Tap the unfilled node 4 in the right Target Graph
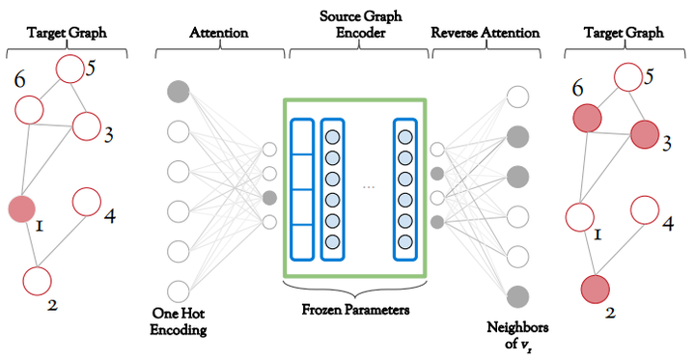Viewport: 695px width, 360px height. pyautogui.click(x=645, y=209)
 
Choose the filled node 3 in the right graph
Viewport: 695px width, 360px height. pyautogui.click(x=646, y=135)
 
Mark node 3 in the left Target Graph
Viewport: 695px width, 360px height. pyautogui.click(x=87, y=125)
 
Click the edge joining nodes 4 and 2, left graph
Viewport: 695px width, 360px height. pyautogui.click(x=62, y=241)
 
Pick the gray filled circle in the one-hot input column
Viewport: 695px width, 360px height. pyautogui.click(x=178, y=92)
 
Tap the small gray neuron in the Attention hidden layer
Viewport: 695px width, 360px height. pyautogui.click(x=269, y=198)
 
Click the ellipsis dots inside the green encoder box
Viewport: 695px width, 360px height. pyautogui.click(x=367, y=187)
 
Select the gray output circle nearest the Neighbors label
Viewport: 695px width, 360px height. pyautogui.click(x=517, y=296)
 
